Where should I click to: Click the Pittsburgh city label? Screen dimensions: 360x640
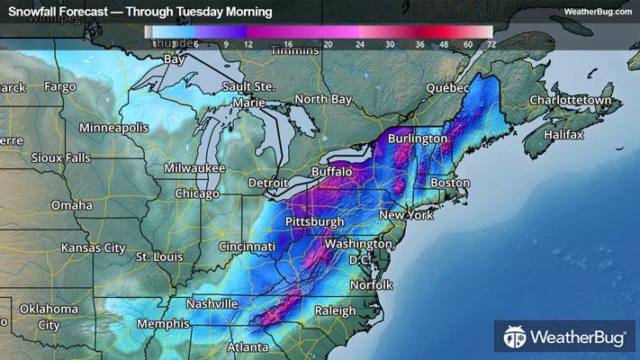[314, 221]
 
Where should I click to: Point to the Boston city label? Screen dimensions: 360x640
[451, 183]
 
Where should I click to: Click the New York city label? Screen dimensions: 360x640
[406, 216]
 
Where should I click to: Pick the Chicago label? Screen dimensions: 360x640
[197, 193]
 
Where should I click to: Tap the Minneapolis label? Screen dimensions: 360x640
[113, 128]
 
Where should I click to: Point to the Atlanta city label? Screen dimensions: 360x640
[249, 346]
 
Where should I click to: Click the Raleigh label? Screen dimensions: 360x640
[335, 310]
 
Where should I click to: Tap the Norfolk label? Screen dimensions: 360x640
[370, 284]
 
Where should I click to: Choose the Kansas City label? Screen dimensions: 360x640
[93, 247]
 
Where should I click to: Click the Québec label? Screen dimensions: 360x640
[447, 88]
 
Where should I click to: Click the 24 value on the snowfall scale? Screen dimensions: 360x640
[360, 43]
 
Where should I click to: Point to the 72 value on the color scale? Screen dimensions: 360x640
[490, 43]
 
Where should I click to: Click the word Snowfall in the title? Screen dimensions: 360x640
[32, 11]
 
